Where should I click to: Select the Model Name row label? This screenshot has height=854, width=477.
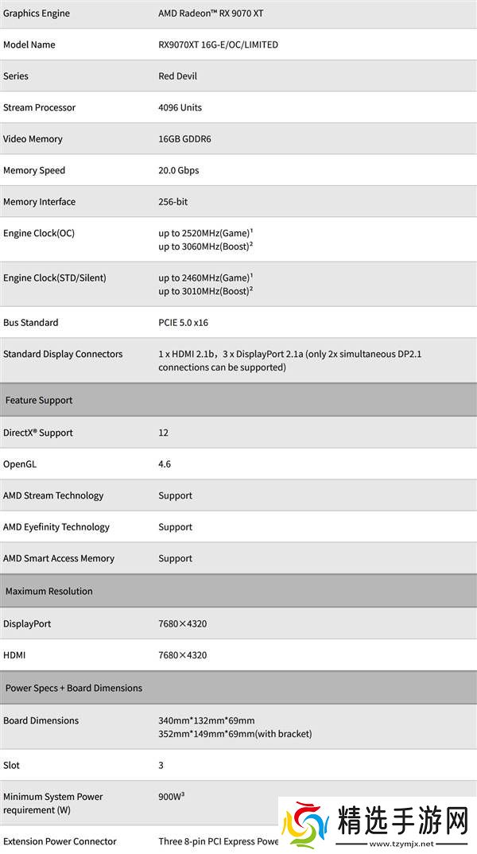point(29,45)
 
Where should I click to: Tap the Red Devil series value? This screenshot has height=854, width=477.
point(177,76)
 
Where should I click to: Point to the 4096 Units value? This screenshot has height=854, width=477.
point(180,107)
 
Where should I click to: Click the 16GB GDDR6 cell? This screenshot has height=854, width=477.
point(184,139)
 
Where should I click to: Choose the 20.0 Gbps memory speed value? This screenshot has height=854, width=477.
point(178,170)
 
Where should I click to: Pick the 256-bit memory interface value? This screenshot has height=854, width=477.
point(173,202)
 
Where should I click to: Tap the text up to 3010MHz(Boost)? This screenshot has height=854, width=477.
point(204,291)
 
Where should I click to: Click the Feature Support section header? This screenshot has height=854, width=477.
point(39,401)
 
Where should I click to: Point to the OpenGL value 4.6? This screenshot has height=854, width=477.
point(165,464)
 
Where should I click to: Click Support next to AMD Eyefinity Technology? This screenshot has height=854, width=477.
point(175,527)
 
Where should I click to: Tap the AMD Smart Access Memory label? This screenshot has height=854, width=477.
point(59,558)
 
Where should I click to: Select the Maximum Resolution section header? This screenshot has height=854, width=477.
point(49,592)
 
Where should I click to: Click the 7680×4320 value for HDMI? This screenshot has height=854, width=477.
point(182,655)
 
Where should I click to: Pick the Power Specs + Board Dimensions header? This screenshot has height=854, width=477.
point(74,689)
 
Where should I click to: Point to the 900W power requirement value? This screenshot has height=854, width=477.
point(171,796)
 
